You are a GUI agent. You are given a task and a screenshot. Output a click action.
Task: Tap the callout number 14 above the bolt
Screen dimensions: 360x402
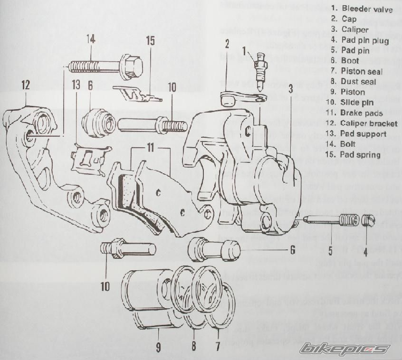pyautogui.click(x=91, y=39)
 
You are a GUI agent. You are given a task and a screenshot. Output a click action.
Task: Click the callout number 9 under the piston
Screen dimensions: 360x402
pyautogui.click(x=158, y=347)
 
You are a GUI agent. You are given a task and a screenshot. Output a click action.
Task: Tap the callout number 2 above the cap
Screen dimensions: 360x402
pyautogui.click(x=227, y=45)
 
